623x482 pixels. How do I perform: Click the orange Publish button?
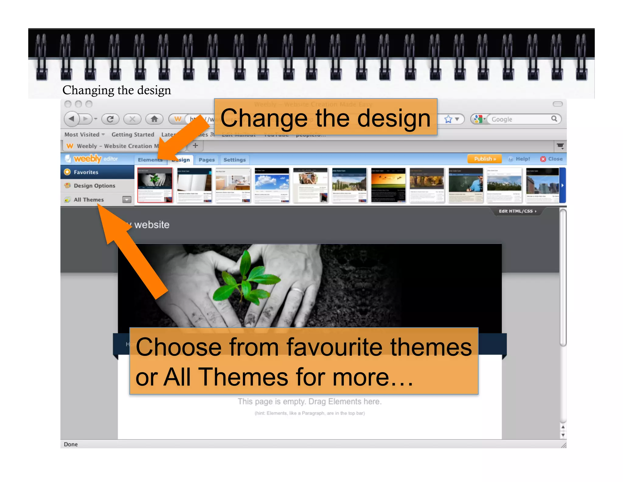pos(485,159)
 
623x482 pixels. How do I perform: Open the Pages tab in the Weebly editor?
pos(207,160)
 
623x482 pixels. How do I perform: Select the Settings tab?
pos(234,160)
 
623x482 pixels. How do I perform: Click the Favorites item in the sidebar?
pos(86,172)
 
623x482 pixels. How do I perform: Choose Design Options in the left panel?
pos(94,186)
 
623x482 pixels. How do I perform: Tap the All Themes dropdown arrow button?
pos(127,200)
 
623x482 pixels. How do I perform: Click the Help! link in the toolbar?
pos(522,159)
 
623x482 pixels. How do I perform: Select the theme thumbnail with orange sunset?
pos(388,185)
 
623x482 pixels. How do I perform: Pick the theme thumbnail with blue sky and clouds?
pos(272,185)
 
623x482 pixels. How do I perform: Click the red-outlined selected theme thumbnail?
pos(155,185)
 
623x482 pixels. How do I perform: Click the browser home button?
pos(154,119)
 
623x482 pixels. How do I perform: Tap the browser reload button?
pos(110,119)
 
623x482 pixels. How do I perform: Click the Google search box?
pos(520,119)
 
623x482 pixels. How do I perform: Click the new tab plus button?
pos(195,146)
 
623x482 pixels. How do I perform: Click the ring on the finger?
pos(297,291)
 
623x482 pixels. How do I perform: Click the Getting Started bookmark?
pos(133,134)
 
